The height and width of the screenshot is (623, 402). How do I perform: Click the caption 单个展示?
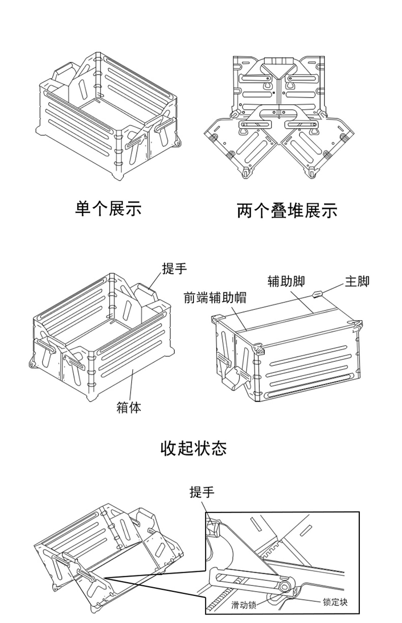(x=108, y=207)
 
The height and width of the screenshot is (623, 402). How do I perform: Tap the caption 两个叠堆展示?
(x=287, y=210)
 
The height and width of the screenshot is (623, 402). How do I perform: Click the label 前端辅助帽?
(x=215, y=298)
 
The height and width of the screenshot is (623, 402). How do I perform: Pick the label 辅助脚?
(x=286, y=281)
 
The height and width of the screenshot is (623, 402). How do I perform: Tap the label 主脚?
(x=356, y=281)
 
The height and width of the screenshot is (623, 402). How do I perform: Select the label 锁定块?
(x=335, y=602)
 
